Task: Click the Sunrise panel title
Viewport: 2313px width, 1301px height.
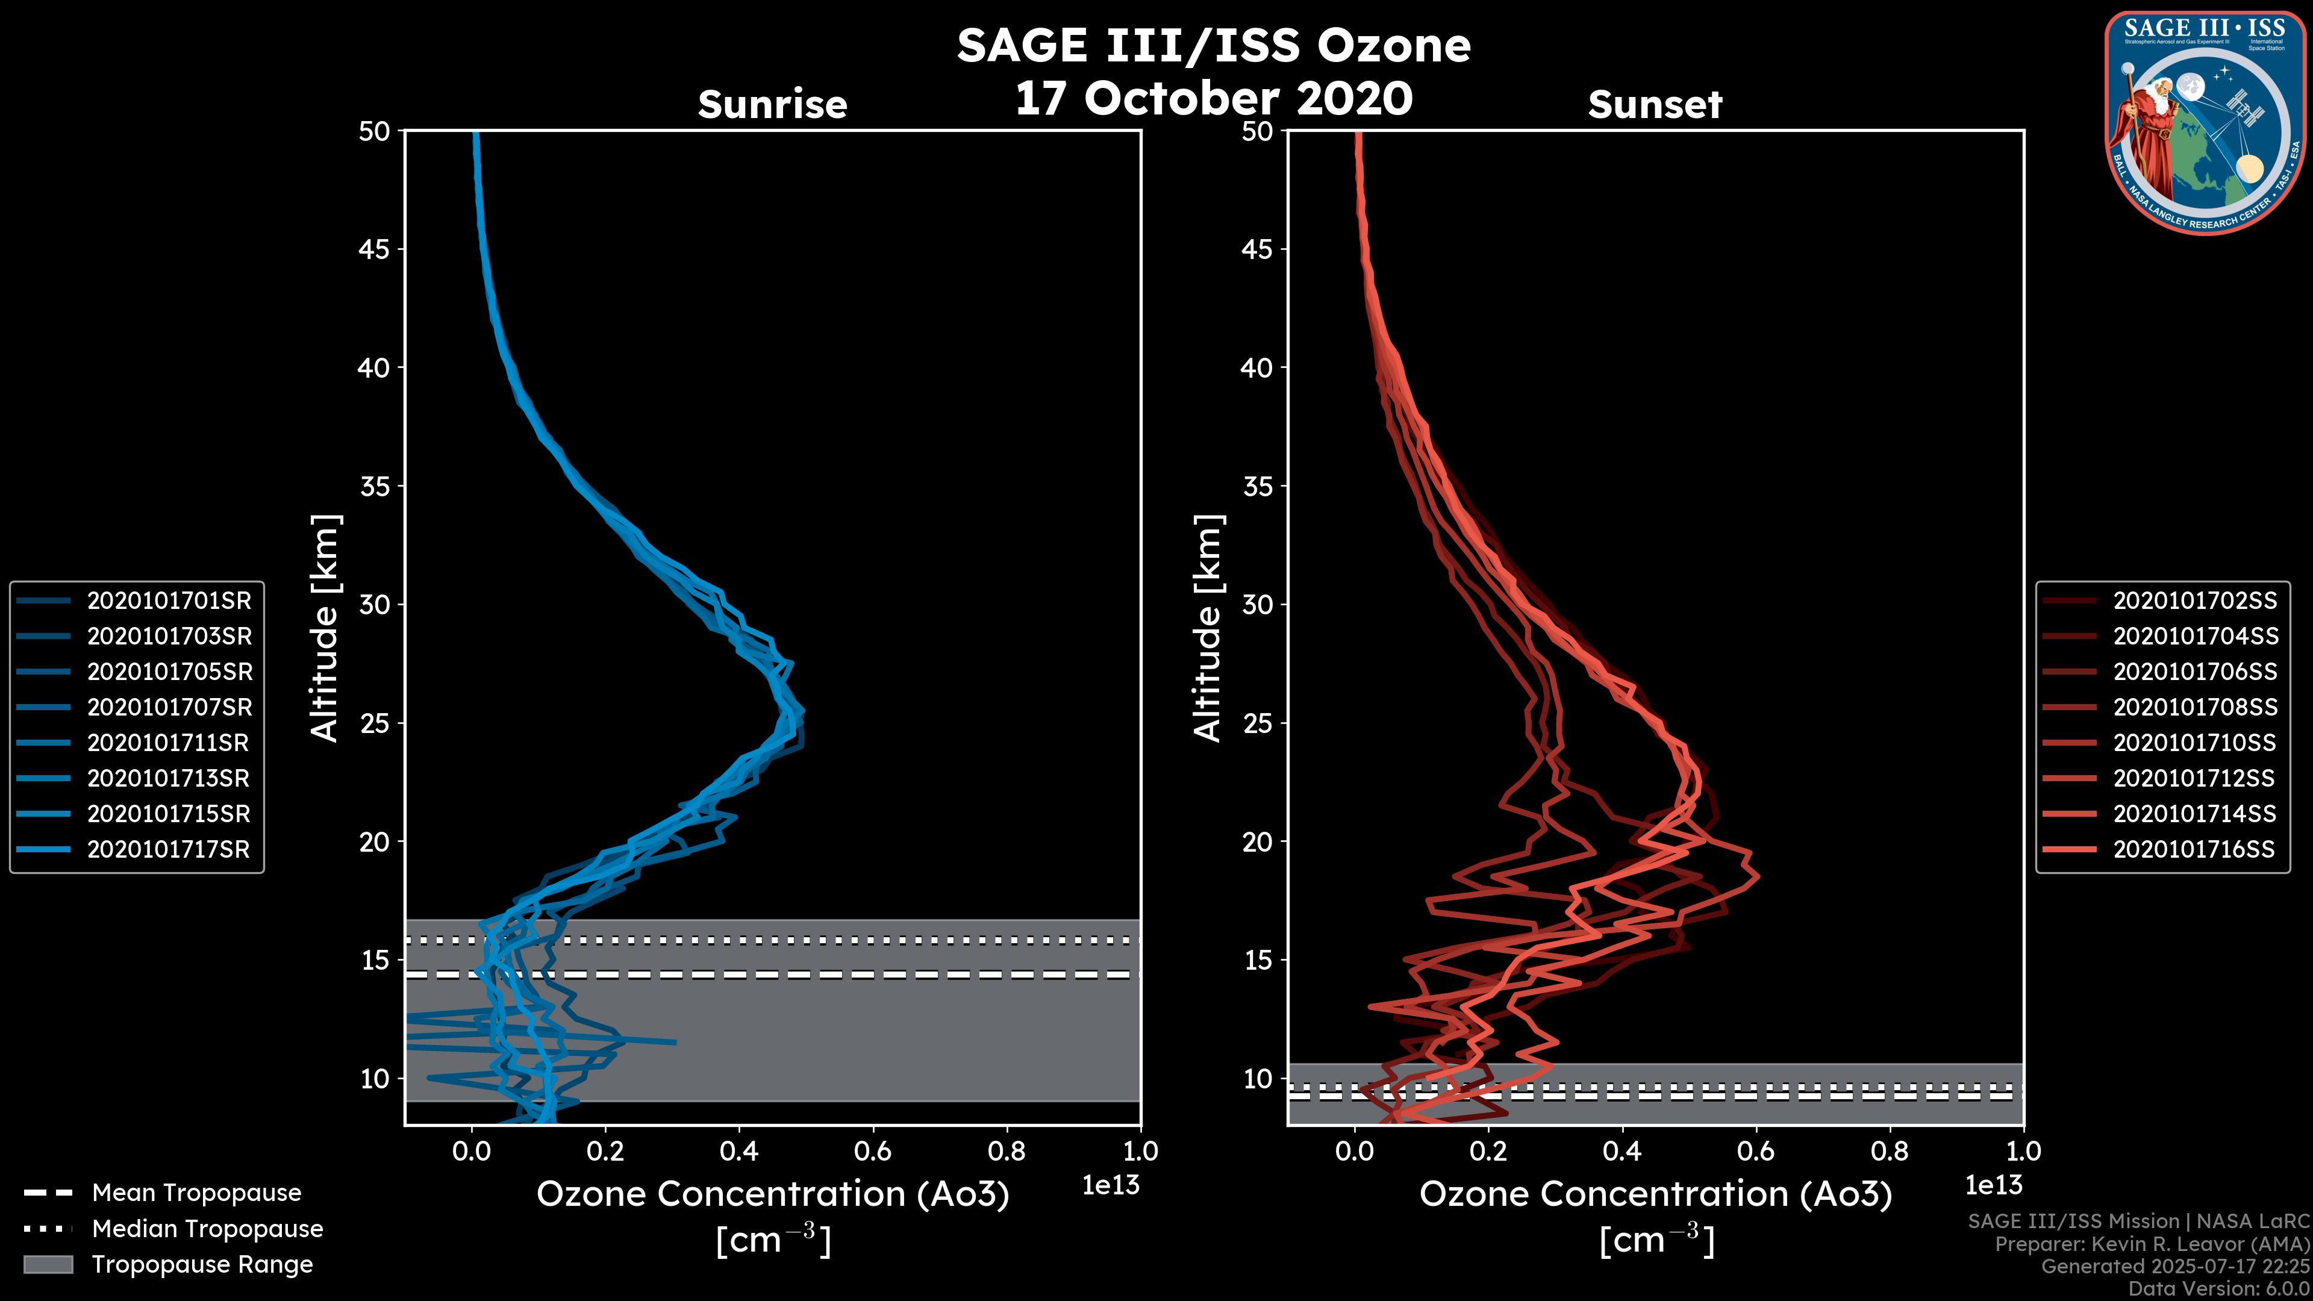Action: pos(772,105)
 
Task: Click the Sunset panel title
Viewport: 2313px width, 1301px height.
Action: pos(1655,105)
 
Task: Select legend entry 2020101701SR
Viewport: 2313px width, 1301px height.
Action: pos(169,601)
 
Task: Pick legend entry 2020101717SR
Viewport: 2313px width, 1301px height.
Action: pos(168,849)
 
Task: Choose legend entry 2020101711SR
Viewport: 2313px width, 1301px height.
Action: pos(168,743)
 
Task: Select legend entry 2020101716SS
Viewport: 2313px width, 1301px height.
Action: pos(2194,849)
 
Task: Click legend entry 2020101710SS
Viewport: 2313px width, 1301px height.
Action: pos(2194,743)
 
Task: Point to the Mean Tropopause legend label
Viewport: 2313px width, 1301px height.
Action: pos(196,1193)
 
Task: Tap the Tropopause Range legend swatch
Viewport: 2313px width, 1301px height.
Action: pos(48,1264)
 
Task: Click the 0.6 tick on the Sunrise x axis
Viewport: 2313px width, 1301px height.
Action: pos(873,1151)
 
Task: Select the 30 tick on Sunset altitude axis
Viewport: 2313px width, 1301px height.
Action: pos(1258,604)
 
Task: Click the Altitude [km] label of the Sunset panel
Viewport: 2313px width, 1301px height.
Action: pos(1208,628)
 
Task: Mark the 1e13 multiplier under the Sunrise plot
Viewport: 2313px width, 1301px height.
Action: pos(1111,1185)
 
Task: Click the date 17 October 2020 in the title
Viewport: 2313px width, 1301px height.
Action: pos(1214,99)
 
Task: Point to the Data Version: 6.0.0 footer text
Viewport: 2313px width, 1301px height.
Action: pos(2220,1290)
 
